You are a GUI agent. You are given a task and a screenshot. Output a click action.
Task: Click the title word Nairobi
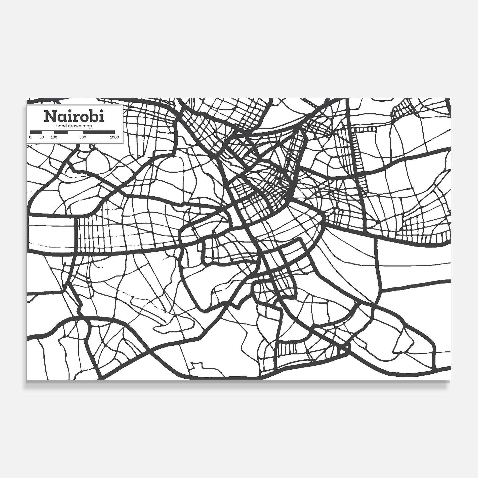click(x=74, y=116)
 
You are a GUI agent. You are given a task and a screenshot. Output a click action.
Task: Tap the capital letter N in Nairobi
click(x=50, y=116)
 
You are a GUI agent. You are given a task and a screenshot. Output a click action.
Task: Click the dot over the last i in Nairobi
click(x=102, y=111)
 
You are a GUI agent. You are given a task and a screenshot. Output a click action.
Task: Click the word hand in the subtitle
click(x=61, y=126)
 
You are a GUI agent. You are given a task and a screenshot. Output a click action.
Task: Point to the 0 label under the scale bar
click(x=30, y=137)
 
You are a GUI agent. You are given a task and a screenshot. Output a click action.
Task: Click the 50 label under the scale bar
click(x=42, y=137)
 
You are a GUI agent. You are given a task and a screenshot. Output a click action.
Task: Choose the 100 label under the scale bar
click(x=54, y=137)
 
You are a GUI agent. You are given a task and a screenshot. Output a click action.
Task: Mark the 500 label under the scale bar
click(x=83, y=137)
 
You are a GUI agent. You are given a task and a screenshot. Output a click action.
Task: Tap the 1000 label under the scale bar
click(x=114, y=137)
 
